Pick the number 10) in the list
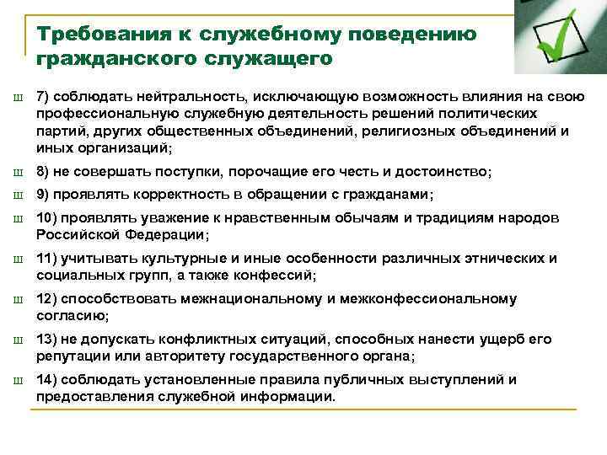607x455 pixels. [46, 217]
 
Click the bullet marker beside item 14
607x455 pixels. [18, 381]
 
